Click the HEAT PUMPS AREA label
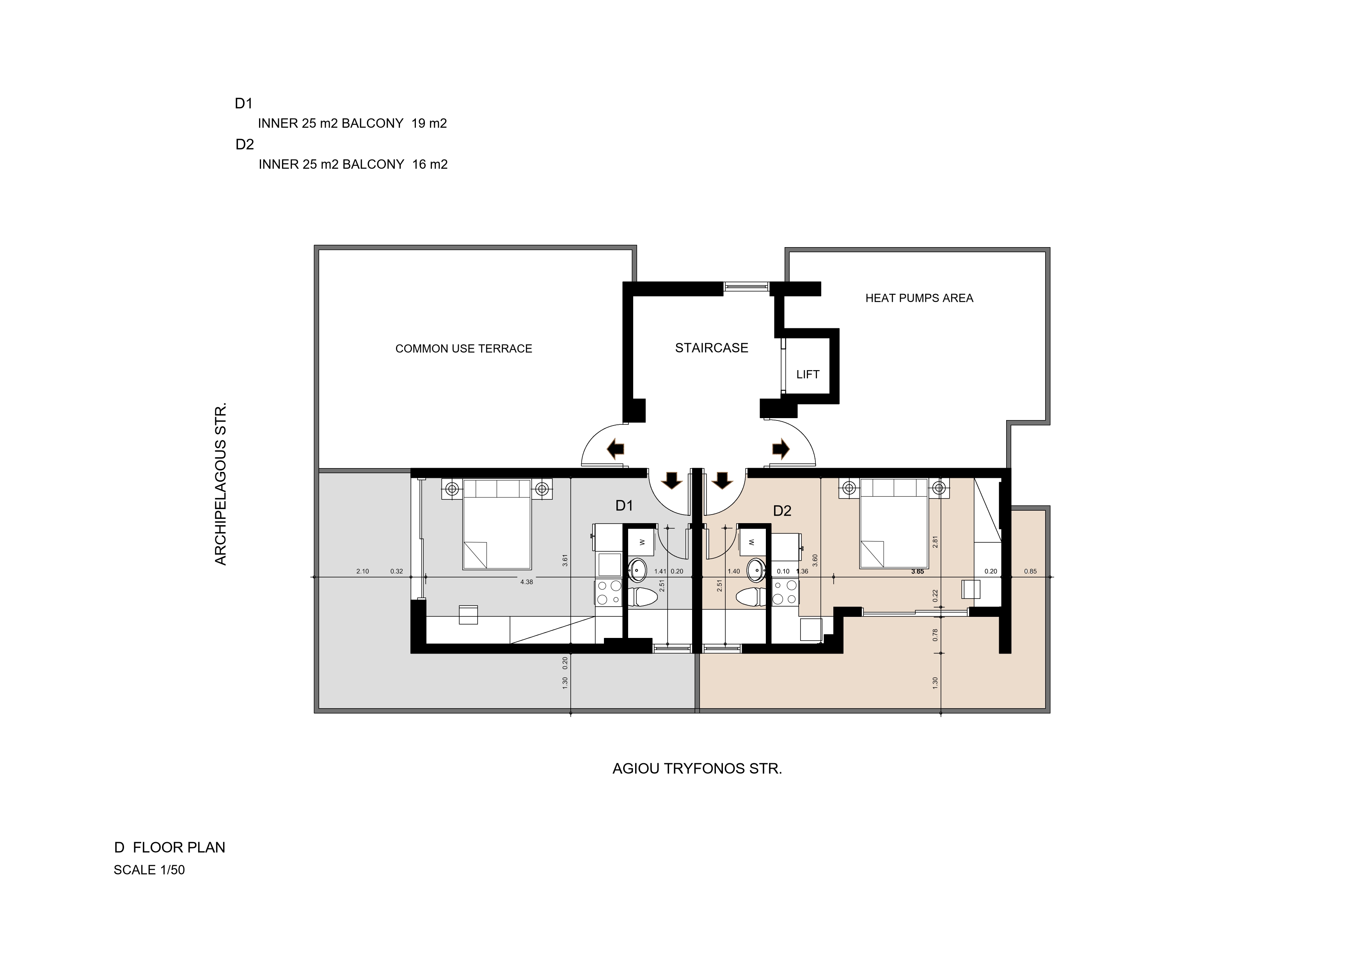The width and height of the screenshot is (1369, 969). point(919,298)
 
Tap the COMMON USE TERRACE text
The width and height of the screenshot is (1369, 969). point(464,349)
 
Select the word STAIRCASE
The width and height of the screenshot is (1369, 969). point(711,348)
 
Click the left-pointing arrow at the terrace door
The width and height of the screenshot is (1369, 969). point(615,448)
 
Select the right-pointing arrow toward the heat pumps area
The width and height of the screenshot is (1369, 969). point(781,448)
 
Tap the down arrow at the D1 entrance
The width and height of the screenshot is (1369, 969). point(673,480)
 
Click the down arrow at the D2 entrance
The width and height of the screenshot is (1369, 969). point(723,480)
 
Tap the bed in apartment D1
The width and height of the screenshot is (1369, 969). point(497,524)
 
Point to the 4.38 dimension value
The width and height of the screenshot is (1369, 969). point(526,582)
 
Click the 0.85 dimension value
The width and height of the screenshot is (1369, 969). point(1030,572)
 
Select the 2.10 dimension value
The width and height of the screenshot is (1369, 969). point(362,572)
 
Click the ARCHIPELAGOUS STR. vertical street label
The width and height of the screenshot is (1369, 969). point(220,484)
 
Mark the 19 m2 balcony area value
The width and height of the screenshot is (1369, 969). point(429,123)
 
